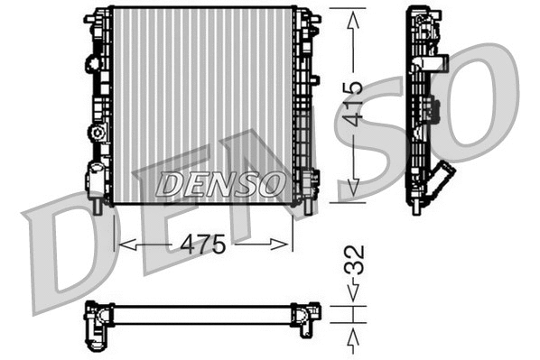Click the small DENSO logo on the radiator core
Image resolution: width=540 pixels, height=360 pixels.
point(219,184)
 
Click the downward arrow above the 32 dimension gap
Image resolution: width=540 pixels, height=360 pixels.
point(354,292)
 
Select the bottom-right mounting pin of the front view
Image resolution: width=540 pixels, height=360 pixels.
point(303,206)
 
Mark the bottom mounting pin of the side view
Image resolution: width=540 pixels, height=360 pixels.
point(415,207)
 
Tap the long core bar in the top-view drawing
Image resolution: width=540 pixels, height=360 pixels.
point(203,314)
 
